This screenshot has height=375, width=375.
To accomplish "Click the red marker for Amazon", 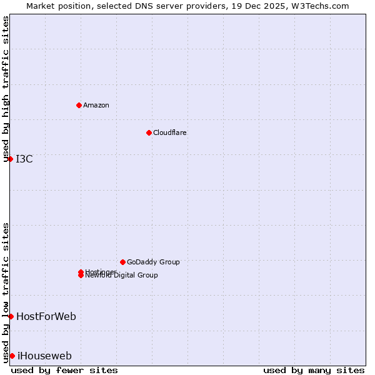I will coord(79,105).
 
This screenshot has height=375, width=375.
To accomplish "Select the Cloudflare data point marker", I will coord(149,132).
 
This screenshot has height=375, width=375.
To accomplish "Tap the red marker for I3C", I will coord(10,159).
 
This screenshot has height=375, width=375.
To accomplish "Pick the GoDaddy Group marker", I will coord(122,262).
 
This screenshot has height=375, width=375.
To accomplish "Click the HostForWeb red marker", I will coord(11,316).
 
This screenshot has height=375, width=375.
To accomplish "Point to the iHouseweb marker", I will coord(12,356).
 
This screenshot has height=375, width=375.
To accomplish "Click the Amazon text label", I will coord(96,105).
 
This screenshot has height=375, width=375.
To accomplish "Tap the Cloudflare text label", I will coord(170,132).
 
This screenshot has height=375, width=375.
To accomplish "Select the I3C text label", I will coord(24,159).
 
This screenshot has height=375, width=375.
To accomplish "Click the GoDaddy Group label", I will coord(153,262).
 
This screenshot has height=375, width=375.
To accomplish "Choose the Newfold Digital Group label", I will coord(122,276).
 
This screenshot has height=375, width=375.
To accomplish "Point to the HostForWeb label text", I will coord(46,316).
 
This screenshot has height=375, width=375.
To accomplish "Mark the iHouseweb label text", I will coord(44,356).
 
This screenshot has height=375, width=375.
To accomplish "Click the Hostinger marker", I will coord(81,272).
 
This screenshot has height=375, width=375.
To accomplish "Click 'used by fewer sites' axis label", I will coord(64,370).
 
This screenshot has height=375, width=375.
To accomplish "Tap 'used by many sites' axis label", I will coord(314,370).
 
